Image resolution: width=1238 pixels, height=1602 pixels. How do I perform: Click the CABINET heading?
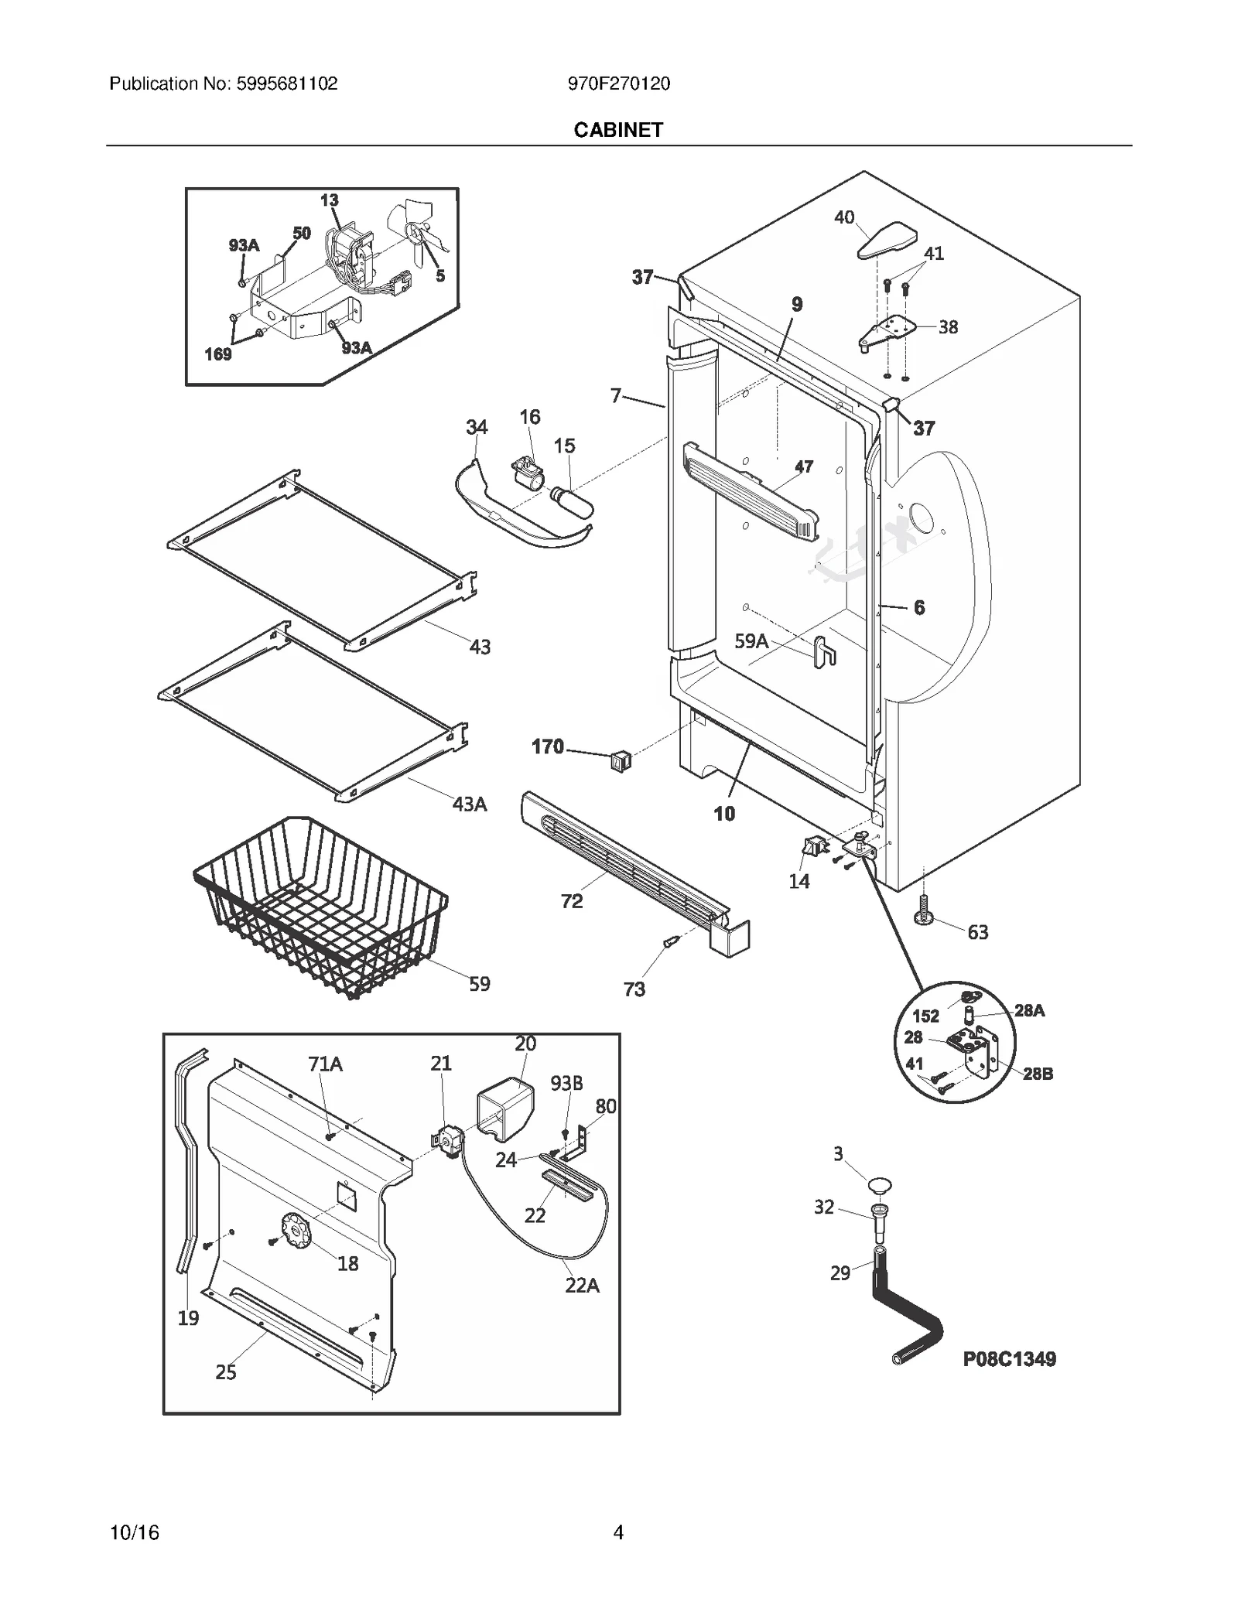(x=618, y=130)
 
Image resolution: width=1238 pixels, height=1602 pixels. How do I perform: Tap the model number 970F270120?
(x=618, y=84)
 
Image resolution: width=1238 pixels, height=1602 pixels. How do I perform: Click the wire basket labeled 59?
(x=321, y=905)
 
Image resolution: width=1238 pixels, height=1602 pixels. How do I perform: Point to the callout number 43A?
(x=470, y=804)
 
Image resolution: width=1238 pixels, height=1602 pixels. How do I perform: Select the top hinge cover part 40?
(x=887, y=241)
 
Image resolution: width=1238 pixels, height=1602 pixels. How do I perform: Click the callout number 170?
(x=547, y=746)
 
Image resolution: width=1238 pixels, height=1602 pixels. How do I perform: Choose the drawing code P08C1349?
(x=1009, y=1359)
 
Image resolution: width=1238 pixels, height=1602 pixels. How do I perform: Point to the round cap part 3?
(x=879, y=1184)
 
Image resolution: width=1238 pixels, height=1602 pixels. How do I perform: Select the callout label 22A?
(x=582, y=1285)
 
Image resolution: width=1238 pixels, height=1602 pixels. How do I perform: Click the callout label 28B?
(x=1038, y=1074)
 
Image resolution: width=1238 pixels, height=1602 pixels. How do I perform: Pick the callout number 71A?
(x=325, y=1064)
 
